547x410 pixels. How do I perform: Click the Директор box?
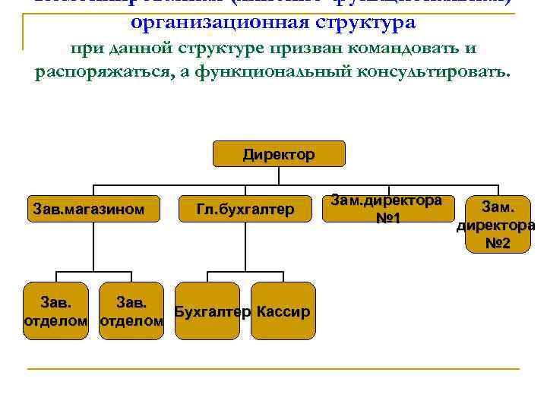(x=278, y=155)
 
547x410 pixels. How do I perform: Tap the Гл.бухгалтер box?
(x=245, y=209)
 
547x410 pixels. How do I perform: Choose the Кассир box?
(x=283, y=312)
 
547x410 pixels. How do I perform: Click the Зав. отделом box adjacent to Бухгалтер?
(x=131, y=312)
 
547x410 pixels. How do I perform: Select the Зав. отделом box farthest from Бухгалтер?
(x=55, y=312)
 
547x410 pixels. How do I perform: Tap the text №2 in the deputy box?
(x=498, y=244)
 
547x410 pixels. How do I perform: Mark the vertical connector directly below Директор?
(x=278, y=176)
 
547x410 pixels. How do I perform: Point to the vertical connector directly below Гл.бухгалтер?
(x=245, y=248)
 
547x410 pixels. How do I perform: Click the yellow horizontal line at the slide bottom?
(x=273, y=370)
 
